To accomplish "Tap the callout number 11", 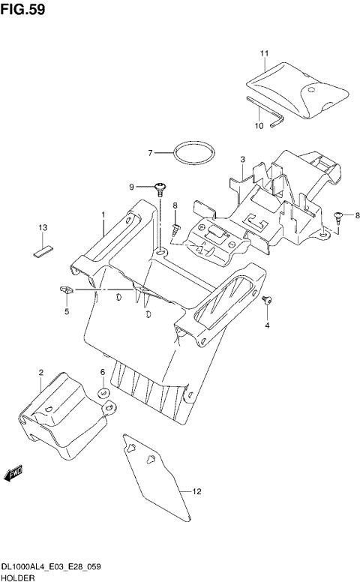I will point(264,53).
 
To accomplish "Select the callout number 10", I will point(259,126).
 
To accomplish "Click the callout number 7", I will point(149,153).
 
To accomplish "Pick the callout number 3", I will point(243,159).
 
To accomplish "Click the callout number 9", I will point(131,187).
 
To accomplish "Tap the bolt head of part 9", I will point(160,184).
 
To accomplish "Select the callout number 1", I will point(103,214).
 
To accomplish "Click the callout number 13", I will point(43,227).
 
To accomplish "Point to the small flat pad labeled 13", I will point(43,248).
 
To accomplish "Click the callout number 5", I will point(66,311).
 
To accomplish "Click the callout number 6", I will point(103,372).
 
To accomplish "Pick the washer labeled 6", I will point(103,391).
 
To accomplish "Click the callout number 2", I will point(41,372).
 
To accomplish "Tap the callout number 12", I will point(197,492).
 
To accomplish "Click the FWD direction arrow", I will point(14,472).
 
